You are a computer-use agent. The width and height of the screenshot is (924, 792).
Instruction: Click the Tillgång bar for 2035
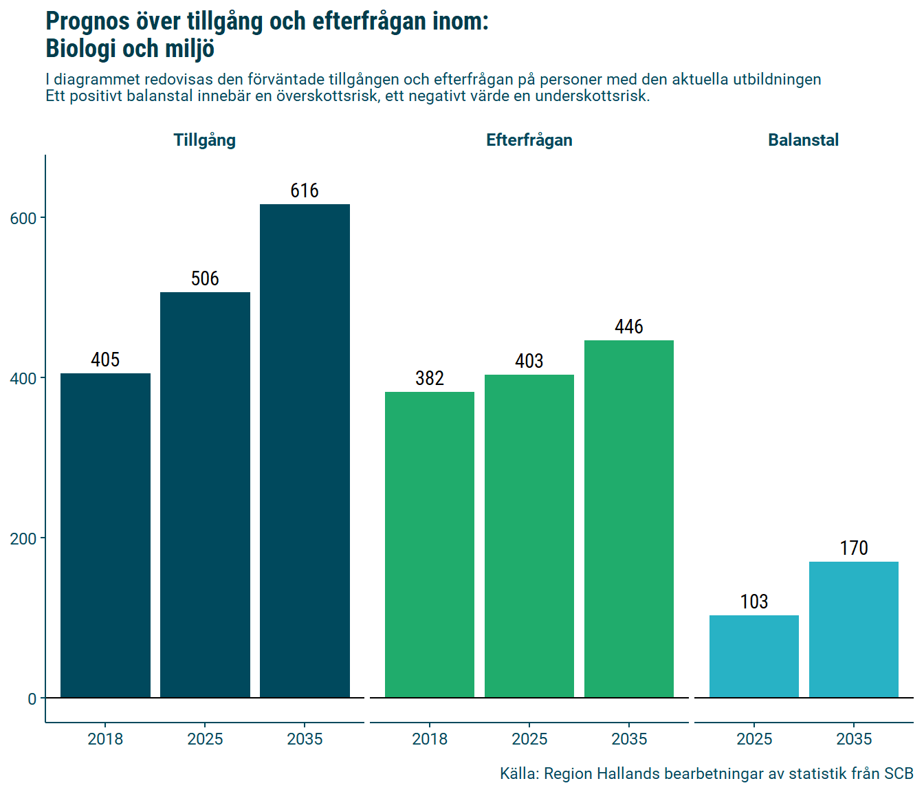[x=305, y=451]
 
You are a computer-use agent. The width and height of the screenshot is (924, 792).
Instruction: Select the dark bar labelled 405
[x=105, y=536]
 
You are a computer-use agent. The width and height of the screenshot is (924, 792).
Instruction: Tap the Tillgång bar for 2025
[x=205, y=495]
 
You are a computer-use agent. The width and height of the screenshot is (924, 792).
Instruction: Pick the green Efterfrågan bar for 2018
[x=430, y=544]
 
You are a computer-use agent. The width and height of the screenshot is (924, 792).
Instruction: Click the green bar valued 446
[x=629, y=519]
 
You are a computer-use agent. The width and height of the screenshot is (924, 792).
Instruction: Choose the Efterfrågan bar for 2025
[x=529, y=536]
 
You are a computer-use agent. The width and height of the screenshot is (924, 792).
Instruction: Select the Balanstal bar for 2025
[x=754, y=657]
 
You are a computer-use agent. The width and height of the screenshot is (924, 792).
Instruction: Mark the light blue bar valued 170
[x=854, y=630]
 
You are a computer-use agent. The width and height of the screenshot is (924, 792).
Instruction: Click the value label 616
[x=305, y=190]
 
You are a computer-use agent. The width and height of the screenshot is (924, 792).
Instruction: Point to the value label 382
[x=430, y=378]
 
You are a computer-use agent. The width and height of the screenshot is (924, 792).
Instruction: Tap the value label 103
[x=754, y=602]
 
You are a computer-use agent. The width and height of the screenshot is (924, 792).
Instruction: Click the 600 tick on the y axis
[x=23, y=218]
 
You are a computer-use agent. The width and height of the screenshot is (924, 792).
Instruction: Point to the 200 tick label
[x=23, y=538]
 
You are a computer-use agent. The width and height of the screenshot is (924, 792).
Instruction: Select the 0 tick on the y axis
[x=32, y=698]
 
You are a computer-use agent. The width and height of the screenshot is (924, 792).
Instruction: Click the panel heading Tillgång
[x=205, y=140]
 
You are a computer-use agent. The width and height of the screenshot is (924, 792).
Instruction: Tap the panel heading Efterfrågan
[x=529, y=140]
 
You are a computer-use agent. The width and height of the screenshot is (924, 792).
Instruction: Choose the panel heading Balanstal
[x=803, y=140]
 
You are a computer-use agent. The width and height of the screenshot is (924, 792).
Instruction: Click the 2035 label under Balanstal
[x=854, y=739]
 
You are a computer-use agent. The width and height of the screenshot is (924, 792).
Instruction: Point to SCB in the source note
[x=899, y=773]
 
